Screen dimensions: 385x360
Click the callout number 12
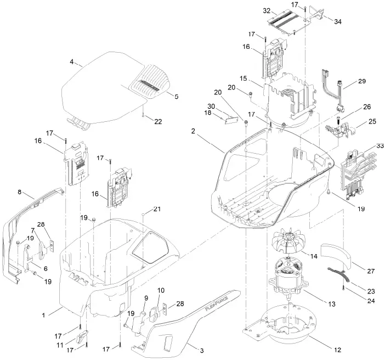pos(338,350)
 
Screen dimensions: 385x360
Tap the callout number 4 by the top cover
pos(71,61)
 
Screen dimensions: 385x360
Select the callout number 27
pos(371,271)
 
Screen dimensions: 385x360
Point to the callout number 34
pos(338,21)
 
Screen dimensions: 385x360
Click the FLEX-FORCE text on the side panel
pos(216,304)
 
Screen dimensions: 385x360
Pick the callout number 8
pos(20,192)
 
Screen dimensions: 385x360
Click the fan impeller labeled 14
pos(288,241)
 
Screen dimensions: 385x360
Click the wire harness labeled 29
pos(331,91)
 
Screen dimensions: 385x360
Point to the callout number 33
pos(380,146)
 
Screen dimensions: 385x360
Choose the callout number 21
pos(157,209)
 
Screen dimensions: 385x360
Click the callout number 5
pos(176,97)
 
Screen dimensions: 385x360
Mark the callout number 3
pos(202,351)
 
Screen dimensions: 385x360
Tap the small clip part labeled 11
pos(82,336)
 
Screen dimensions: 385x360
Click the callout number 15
pos(243,78)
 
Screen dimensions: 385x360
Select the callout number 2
pos(193,131)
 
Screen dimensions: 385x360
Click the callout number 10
pos(161,290)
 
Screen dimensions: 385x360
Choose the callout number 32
pos(267,11)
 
